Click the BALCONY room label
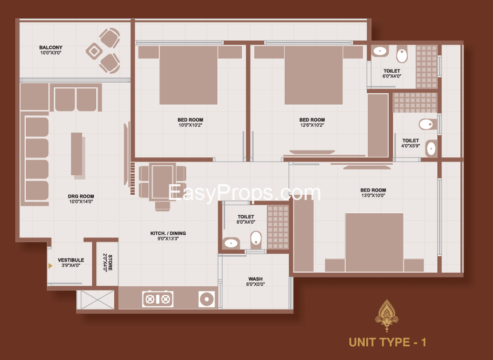click(x=51, y=47)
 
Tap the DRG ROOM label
click(x=81, y=196)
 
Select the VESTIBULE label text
click(x=71, y=260)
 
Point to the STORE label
click(x=110, y=263)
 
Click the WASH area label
click(x=255, y=279)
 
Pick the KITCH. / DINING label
click(x=168, y=233)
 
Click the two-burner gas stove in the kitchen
click(x=157, y=299)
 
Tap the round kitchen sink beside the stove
click(x=207, y=299)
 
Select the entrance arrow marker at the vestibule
click(x=50, y=266)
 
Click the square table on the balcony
click(x=94, y=51)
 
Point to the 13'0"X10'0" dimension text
click(x=373, y=195)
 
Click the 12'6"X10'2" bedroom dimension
click(x=312, y=125)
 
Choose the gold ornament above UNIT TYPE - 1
click(x=386, y=315)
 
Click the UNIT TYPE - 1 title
click(x=387, y=342)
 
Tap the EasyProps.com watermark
click(x=244, y=193)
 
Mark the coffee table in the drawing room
click(x=77, y=155)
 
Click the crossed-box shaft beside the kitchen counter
click(x=97, y=299)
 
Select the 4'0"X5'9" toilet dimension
click(x=410, y=146)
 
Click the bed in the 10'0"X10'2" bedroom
click(x=188, y=75)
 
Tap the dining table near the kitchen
click(x=162, y=182)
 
